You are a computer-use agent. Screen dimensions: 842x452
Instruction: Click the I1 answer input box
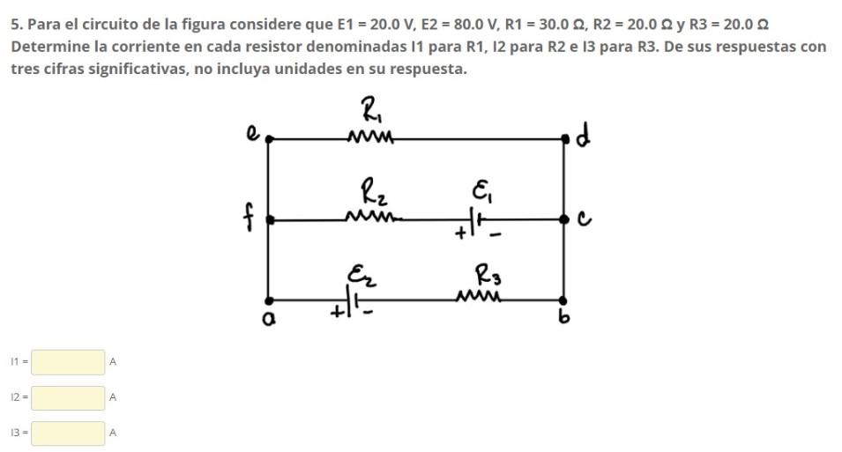[x=69, y=361]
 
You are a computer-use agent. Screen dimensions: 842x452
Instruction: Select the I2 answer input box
[x=69, y=397]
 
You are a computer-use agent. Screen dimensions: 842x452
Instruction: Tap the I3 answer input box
[x=69, y=433]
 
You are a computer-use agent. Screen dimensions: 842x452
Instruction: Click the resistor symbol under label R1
[x=370, y=137]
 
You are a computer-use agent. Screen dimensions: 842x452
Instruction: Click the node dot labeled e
[x=269, y=138]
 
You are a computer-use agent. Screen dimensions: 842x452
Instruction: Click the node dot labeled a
[x=269, y=300]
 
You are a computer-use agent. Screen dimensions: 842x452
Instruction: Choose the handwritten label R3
[x=487, y=276]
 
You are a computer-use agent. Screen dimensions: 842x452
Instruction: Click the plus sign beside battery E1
[x=461, y=235]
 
